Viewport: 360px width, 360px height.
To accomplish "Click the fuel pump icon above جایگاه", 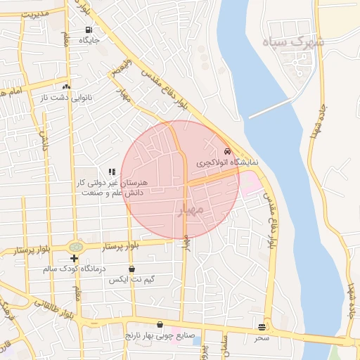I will coord(88,30).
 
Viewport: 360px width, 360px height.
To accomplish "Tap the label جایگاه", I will coord(89,41).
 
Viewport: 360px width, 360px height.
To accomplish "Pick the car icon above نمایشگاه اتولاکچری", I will coord(226,152).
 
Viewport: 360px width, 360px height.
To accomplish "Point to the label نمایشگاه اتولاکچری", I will coord(226,162).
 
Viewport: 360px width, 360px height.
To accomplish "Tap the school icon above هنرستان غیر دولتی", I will coord(111,172).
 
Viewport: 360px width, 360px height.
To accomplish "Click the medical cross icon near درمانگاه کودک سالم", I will coord(74,259).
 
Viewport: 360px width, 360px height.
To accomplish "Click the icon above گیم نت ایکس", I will coord(131,269).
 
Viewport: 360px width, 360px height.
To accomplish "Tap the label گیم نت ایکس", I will coord(131,280).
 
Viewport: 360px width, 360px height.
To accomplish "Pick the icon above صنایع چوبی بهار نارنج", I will coord(160,325).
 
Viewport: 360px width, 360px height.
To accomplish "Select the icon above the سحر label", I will coord(262,327).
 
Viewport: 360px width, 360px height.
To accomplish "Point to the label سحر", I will coord(262,337).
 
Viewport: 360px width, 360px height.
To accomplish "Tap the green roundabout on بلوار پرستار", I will coord(75,247).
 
